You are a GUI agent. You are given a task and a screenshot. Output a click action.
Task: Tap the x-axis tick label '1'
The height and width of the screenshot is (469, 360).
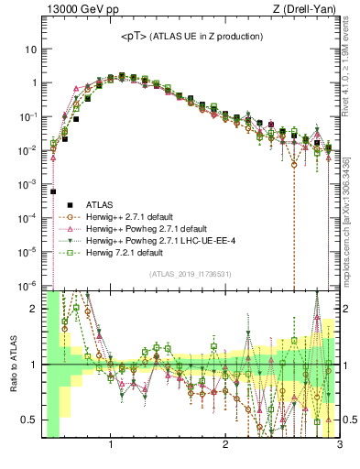pyautogui.click(x=111, y=447)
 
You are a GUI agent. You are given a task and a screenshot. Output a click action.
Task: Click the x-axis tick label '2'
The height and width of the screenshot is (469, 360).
pyautogui.click(x=225, y=447)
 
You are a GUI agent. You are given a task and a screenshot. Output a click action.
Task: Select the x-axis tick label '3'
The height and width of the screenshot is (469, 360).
pyautogui.click(x=339, y=447)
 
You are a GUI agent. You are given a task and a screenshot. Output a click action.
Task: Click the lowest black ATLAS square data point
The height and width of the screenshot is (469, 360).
pyautogui.click(x=53, y=191)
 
